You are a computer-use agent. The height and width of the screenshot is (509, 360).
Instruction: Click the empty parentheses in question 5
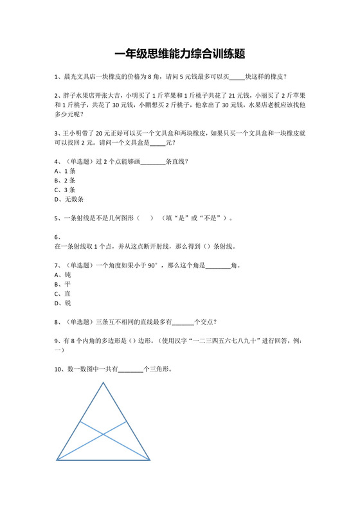145,218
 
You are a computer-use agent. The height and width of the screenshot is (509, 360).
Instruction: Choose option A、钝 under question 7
62,274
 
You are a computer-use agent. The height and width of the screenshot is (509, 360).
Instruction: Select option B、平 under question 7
62,283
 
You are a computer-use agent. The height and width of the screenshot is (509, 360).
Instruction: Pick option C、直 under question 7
62,293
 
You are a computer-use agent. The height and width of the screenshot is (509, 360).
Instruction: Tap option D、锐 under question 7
62,303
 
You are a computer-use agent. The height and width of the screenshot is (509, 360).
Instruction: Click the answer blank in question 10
130,370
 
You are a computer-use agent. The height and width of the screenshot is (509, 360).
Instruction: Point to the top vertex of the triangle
103,382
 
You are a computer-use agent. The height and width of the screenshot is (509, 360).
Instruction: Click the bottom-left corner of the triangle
57,460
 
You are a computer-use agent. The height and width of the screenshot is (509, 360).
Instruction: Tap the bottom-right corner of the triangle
150,460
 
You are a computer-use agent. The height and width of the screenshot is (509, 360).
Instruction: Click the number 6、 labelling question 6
58,237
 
